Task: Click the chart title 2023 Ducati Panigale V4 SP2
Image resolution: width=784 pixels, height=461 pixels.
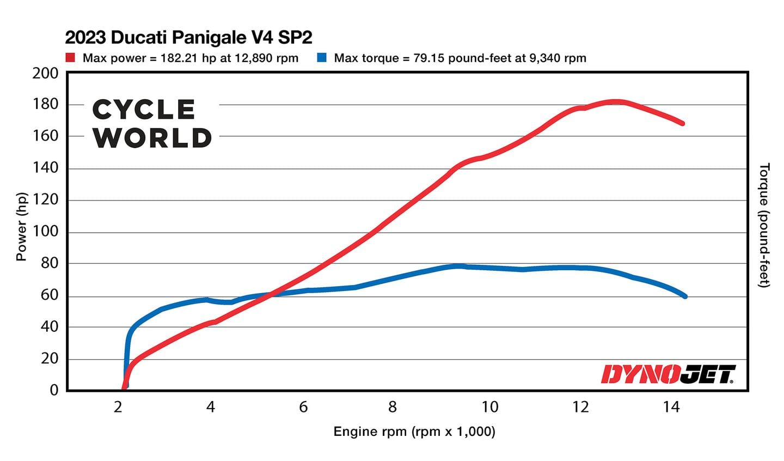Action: point(188,38)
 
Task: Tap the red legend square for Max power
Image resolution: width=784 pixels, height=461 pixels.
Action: point(70,58)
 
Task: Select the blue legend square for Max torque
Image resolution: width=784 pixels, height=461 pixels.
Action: point(322,58)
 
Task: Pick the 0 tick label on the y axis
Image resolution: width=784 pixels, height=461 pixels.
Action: point(53,390)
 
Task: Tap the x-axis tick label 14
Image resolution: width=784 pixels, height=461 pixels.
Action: point(671,407)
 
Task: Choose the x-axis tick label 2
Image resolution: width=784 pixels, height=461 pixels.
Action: point(118,407)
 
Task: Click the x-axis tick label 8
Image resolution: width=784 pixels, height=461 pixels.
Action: point(393,407)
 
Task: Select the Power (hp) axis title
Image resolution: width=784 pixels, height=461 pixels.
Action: point(21,227)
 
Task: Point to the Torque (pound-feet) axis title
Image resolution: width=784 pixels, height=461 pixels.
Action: point(764,225)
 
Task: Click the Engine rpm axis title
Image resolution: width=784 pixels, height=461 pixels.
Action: point(414,432)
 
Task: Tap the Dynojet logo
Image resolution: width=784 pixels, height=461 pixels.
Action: point(668,374)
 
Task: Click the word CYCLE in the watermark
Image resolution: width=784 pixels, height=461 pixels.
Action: point(144,110)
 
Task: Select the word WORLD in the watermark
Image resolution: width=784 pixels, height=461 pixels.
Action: point(152,138)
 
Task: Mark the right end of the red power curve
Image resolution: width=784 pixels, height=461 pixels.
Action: point(682,124)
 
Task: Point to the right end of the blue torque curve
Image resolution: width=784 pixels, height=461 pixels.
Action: point(685,296)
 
